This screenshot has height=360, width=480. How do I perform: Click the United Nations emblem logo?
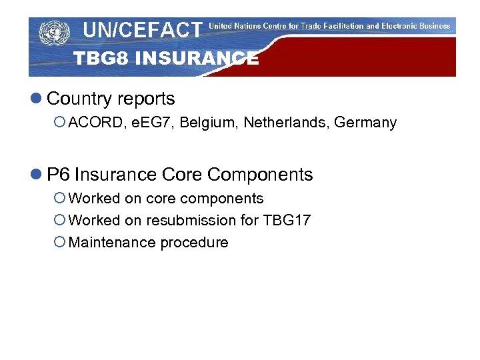pyautogui.click(x=54, y=32)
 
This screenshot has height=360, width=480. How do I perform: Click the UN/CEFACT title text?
pyautogui.click(x=142, y=29)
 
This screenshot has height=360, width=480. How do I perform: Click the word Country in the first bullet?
pyautogui.click(x=79, y=99)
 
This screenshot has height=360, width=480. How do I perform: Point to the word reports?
pyautogui.click(x=145, y=99)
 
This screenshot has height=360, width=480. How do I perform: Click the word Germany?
pyautogui.click(x=365, y=123)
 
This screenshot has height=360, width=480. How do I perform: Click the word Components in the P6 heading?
pyautogui.click(x=260, y=175)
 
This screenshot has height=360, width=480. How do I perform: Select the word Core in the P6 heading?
pyautogui.click(x=182, y=175)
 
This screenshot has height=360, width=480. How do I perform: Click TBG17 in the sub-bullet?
pyautogui.click(x=287, y=220)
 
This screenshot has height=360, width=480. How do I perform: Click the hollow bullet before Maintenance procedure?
pyautogui.click(x=59, y=243)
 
